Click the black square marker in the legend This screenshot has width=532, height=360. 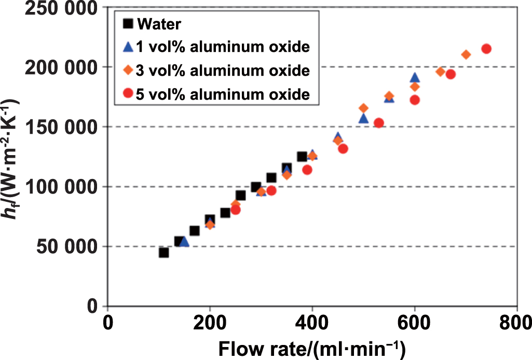[127, 23]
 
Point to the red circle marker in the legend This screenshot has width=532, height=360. [127, 93]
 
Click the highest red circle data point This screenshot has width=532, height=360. [486, 49]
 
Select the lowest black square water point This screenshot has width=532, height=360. [164, 253]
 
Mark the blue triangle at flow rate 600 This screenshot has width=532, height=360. [415, 78]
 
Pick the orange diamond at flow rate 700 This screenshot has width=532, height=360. [466, 54]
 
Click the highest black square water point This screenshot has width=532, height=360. [302, 157]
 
